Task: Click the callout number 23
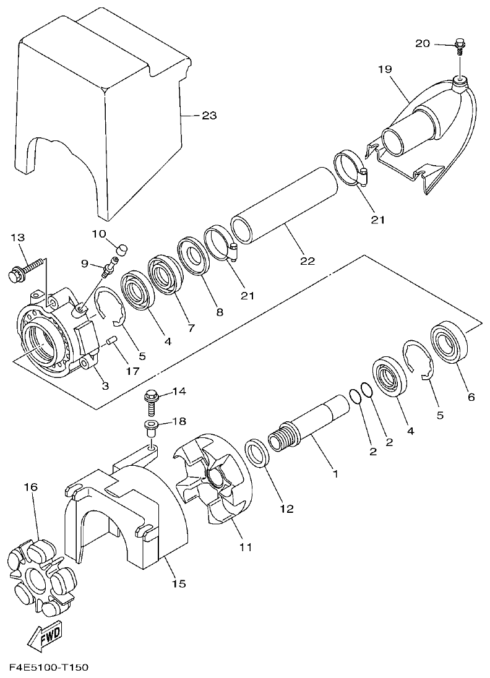coord(209,115)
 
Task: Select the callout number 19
coord(384,69)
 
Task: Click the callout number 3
coord(105,386)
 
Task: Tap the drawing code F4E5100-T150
coord(49,667)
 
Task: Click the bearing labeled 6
coord(452,341)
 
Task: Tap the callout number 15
coord(178,583)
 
